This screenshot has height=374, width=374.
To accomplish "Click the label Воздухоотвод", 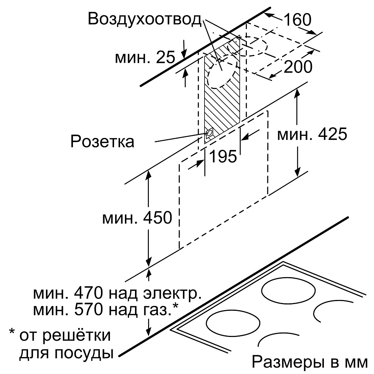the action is pos(145,19).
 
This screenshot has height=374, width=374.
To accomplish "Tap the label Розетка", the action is pos(102,141).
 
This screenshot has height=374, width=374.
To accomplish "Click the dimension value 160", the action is pos(297,19).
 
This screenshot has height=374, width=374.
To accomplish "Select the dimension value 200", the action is pos(298,67).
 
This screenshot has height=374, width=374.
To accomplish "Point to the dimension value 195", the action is pos(223,156).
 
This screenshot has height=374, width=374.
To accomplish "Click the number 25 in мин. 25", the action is pos(165,57).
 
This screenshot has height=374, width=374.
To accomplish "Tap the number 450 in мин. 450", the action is pos(157,217).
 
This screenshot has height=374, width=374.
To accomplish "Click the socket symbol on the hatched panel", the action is pos(209,133).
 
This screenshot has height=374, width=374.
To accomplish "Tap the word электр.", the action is pos(172,294).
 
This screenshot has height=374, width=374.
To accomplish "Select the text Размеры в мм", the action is pos(310,362).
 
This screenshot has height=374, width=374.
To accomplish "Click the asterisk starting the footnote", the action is pos(12,332).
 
